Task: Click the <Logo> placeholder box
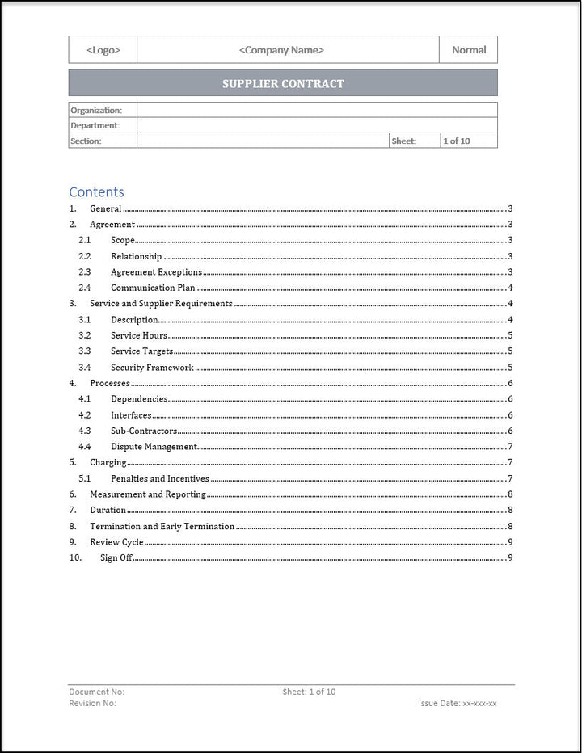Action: click(x=103, y=50)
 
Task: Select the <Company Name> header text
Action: click(x=281, y=50)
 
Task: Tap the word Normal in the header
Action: click(x=469, y=50)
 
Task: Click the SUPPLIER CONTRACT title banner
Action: click(x=283, y=83)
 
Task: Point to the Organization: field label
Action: click(x=96, y=110)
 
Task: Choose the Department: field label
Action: click(x=95, y=125)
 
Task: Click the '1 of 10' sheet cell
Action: click(x=455, y=141)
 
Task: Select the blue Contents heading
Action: click(x=96, y=191)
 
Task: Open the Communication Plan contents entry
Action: click(x=153, y=288)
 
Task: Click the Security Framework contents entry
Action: click(x=152, y=368)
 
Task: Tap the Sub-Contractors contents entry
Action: click(x=144, y=431)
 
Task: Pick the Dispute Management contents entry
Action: click(x=154, y=447)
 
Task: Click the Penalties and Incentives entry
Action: click(x=159, y=478)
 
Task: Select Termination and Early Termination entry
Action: click(x=162, y=526)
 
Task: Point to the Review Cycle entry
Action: click(x=116, y=542)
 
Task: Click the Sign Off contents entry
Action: click(x=116, y=557)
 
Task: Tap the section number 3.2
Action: click(x=84, y=335)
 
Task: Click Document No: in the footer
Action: click(x=97, y=692)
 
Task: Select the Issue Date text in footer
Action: click(x=458, y=703)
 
